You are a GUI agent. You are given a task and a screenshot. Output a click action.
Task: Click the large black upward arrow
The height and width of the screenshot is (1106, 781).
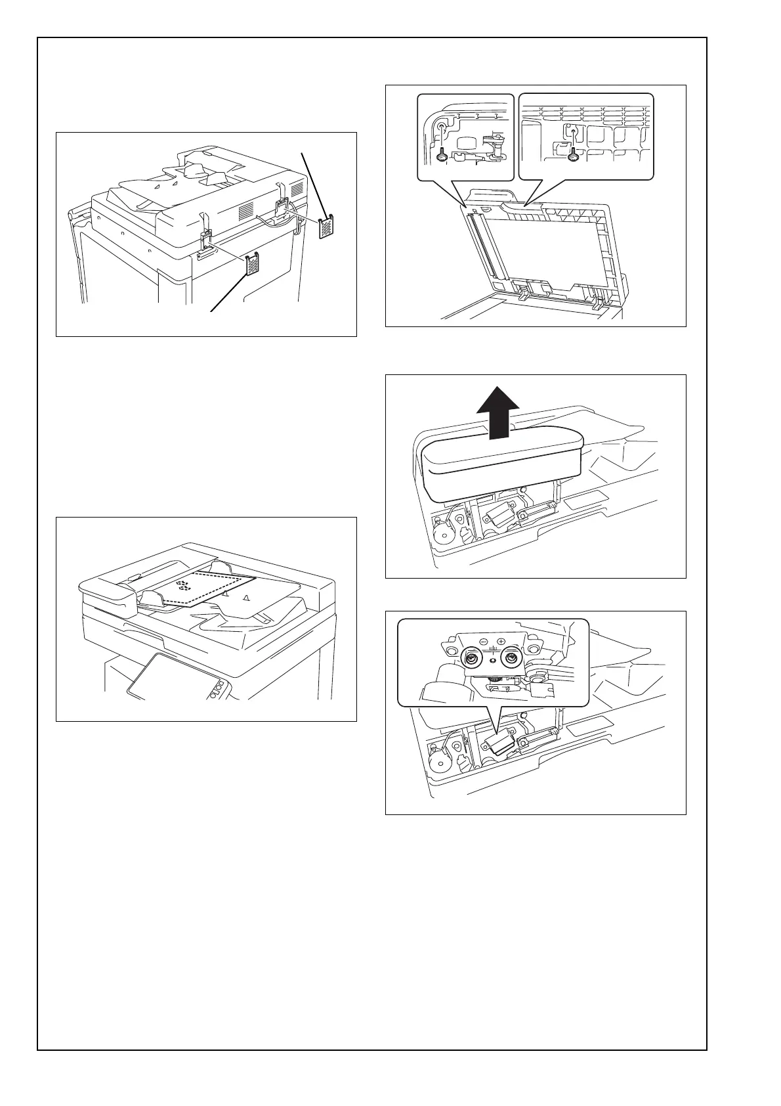[497, 412]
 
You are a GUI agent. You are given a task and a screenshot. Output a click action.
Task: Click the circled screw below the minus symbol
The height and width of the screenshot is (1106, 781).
[471, 657]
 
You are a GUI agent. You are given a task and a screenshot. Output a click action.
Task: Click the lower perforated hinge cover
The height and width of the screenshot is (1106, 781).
[252, 264]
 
